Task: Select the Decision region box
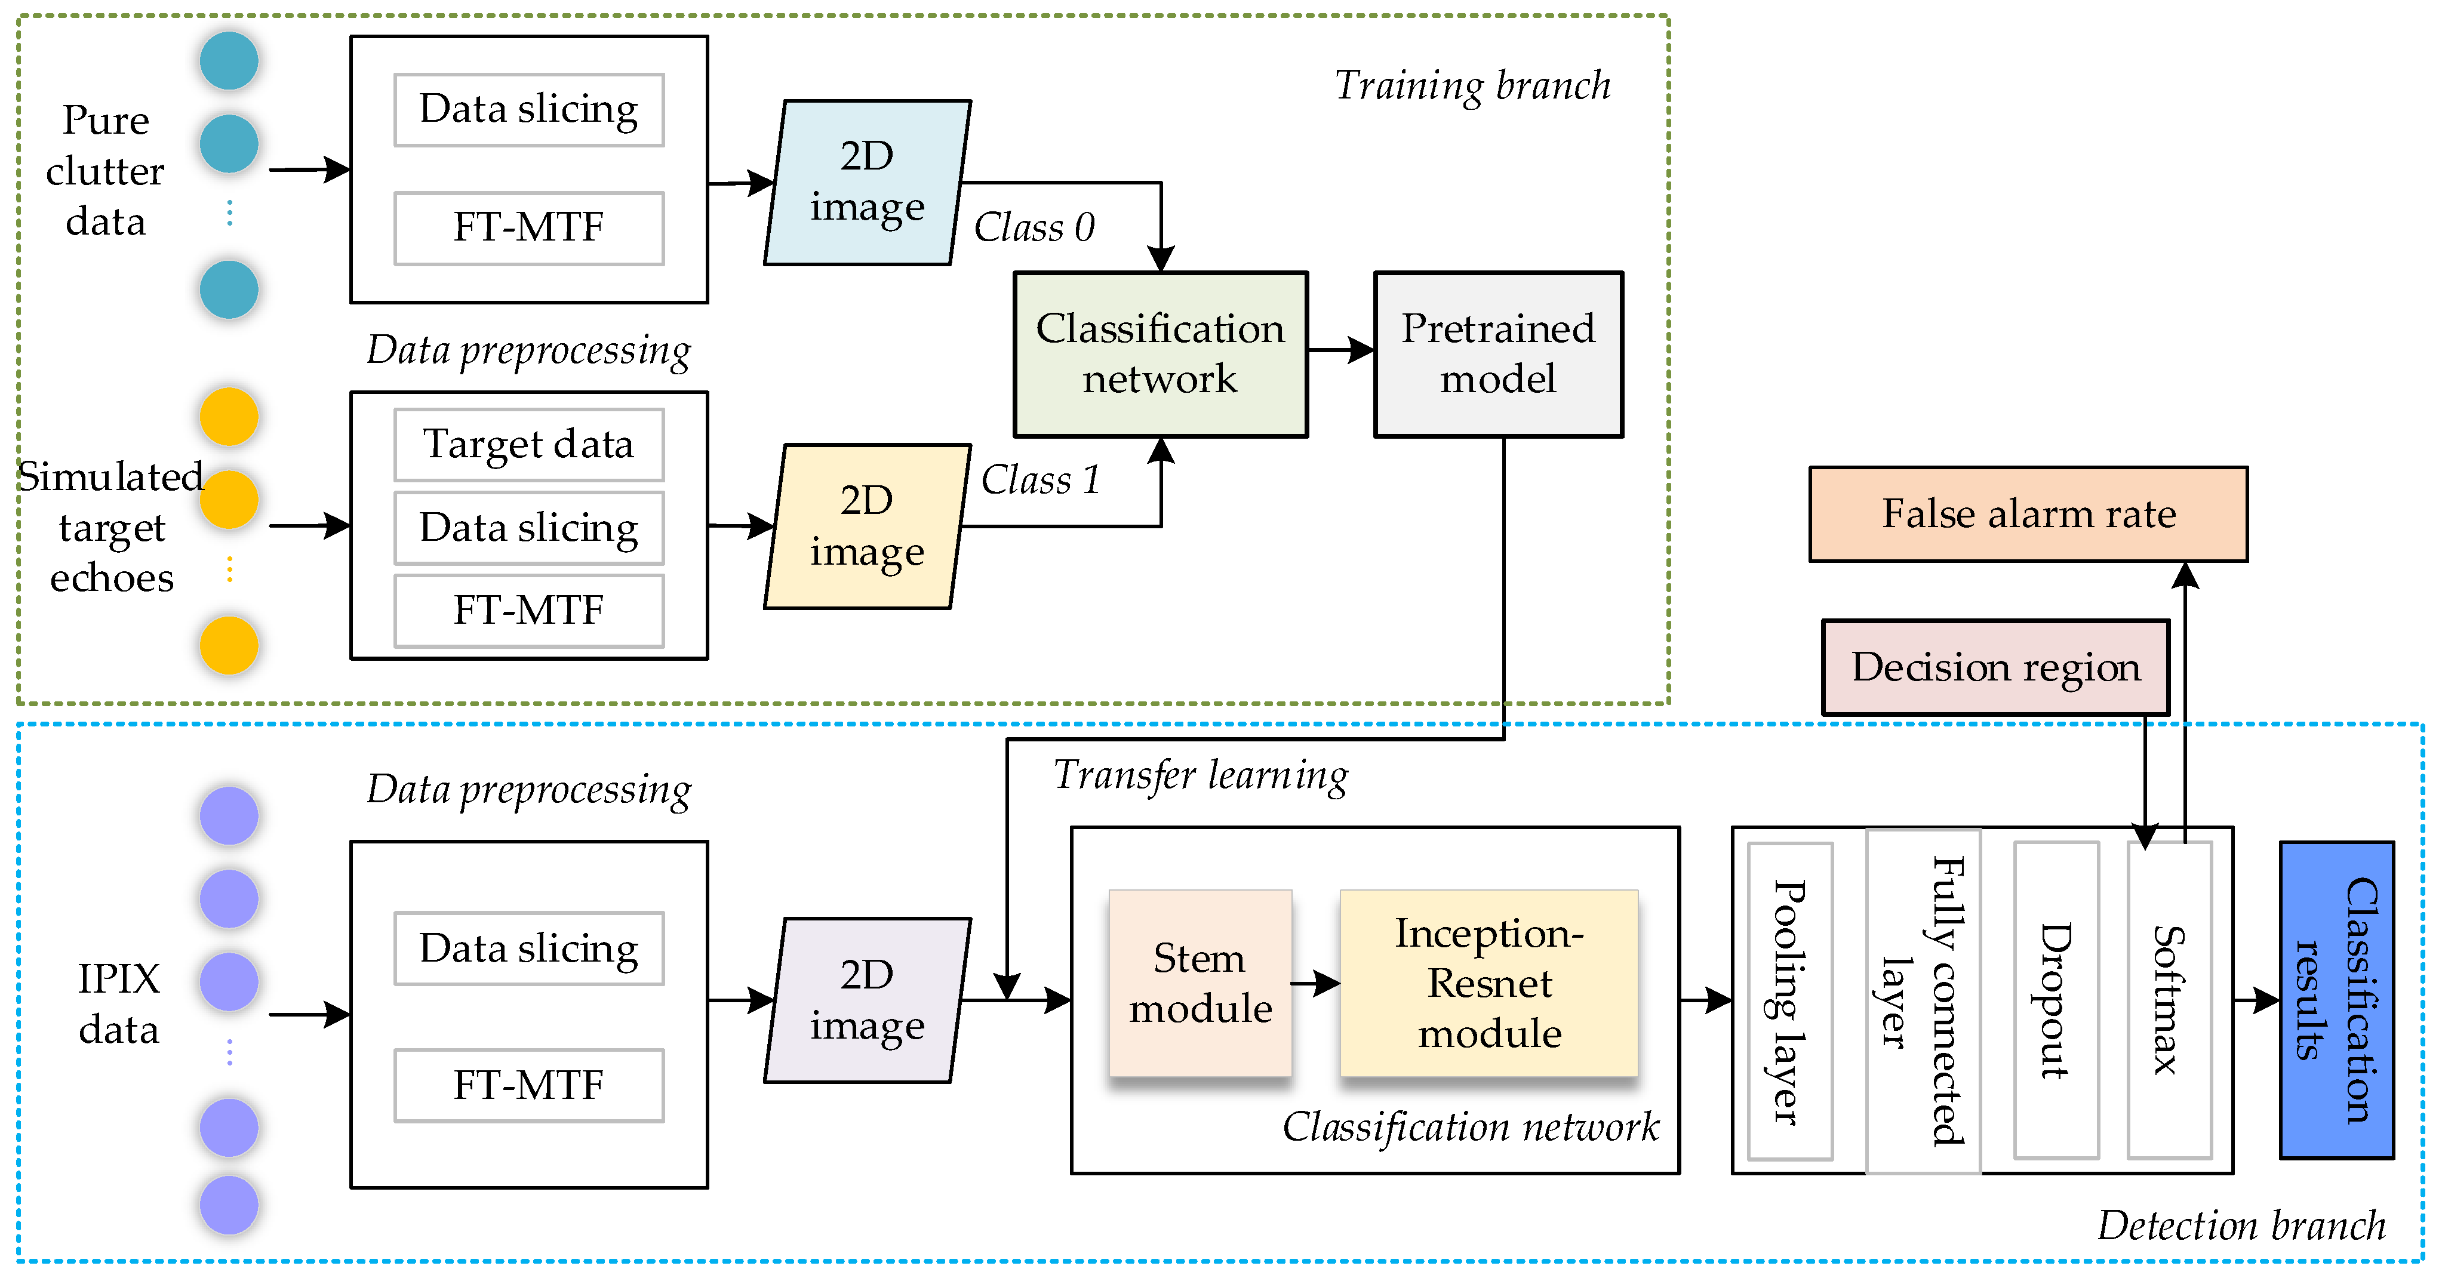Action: (1995, 667)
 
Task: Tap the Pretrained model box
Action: (1498, 353)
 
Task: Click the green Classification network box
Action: (1160, 353)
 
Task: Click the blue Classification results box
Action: (2337, 999)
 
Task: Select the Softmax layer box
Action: (2169, 999)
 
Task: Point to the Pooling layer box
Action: (1790, 999)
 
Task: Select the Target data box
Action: (529, 445)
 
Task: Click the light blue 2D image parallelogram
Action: (868, 182)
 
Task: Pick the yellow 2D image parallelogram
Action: (868, 526)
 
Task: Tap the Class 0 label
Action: (1034, 227)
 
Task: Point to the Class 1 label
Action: (1040, 480)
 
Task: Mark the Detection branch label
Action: (2241, 1225)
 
